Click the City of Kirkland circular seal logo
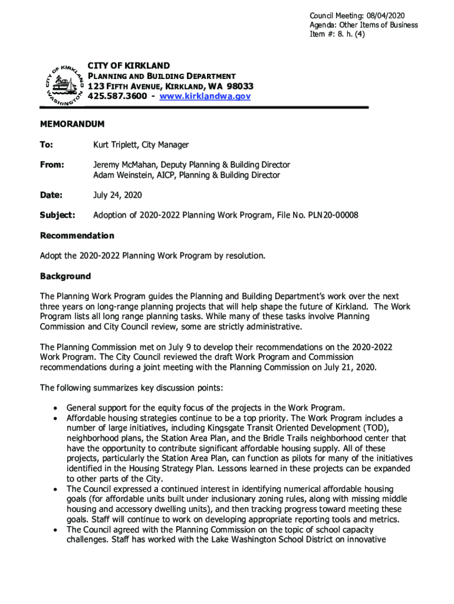coord(62,84)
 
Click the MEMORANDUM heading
coord(72,124)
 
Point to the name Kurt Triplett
coord(117,145)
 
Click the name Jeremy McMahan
coord(124,165)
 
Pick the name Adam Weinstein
coord(121,175)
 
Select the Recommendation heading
coord(77,236)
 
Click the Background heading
coord(65,277)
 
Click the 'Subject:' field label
coord(57,215)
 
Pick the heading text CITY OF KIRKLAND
coord(129,65)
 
